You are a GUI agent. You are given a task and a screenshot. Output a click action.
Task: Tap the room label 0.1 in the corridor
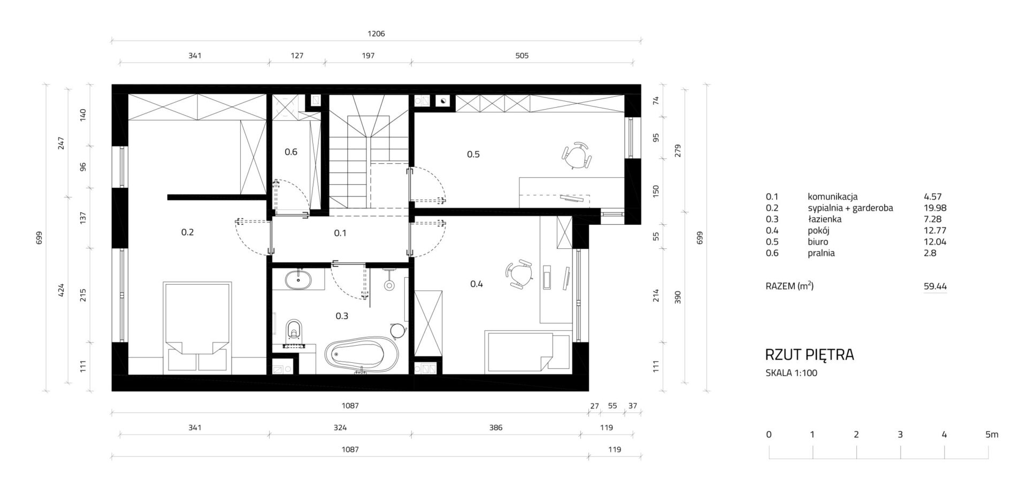point(340,233)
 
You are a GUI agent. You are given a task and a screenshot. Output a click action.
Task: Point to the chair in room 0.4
point(518,275)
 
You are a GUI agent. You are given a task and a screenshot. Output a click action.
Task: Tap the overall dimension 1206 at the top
point(376,34)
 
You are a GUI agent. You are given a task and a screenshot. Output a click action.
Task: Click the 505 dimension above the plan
point(522,56)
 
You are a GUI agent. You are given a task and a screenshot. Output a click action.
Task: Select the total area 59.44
point(936,286)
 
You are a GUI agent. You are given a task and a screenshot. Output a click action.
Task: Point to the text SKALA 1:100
point(792,373)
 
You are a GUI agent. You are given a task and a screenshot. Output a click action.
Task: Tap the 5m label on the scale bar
point(992,434)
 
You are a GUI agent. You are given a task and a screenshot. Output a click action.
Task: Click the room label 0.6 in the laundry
point(291,152)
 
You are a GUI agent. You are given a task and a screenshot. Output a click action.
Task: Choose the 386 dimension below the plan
point(496,428)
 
